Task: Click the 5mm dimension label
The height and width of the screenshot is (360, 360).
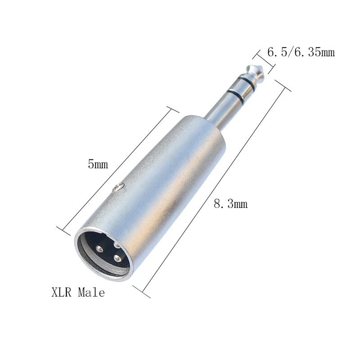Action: pyautogui.click(x=98, y=164)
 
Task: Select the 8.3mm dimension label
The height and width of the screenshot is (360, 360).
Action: pyautogui.click(x=230, y=204)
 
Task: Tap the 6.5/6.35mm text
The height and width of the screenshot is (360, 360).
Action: pyautogui.click(x=301, y=52)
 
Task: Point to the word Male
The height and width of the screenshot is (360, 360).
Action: pyautogui.click(x=91, y=293)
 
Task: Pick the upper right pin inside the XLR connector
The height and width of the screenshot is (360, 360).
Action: pyautogui.click(x=115, y=245)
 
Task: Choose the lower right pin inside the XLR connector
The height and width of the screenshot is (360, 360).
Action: pyautogui.click(x=118, y=259)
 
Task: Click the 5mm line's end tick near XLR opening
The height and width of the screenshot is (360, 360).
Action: pyautogui.click(x=63, y=231)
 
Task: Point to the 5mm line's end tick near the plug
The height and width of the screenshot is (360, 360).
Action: pyautogui.click(x=173, y=109)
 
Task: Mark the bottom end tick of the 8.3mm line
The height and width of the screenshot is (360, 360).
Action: pyautogui.click(x=141, y=292)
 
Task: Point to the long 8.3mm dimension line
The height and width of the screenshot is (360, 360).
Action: pyautogui.click(x=211, y=189)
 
